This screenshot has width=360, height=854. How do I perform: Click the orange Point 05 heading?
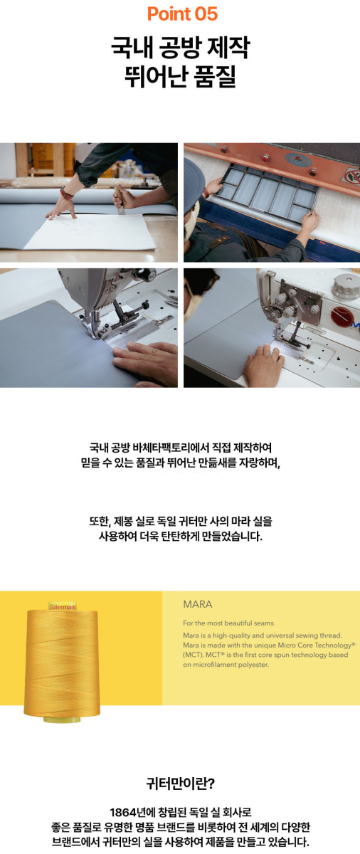pos(182,14)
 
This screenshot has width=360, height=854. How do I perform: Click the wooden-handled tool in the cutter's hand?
pos(120,199)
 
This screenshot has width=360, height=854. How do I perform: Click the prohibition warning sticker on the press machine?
pos(351,176)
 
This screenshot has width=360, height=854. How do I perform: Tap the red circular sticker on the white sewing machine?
pos(341,317)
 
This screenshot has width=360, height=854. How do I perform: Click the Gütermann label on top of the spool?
pos(62,606)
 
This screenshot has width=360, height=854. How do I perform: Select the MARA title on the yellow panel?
pos(198,604)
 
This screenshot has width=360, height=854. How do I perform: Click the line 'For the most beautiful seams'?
pos(228,623)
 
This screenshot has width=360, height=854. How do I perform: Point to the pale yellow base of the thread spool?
pos(62,719)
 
